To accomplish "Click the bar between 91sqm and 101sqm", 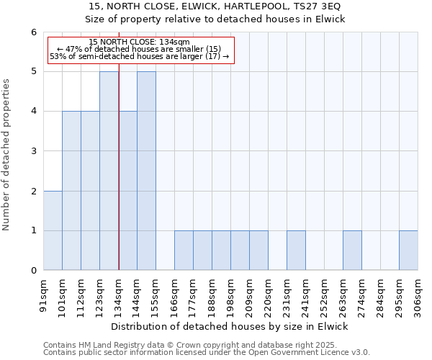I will [53, 230].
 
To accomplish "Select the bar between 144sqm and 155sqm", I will [146, 171].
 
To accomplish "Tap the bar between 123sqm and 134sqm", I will [109, 171].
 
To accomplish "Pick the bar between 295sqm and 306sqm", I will [408, 251].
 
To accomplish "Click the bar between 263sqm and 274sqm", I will [352, 251].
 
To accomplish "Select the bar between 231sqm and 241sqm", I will [296, 251].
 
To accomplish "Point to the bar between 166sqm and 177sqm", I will [184, 251].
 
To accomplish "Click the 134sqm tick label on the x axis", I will [119, 293].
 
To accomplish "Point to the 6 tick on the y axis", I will [33, 32].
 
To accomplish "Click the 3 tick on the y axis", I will [33, 151].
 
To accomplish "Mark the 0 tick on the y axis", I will [33, 271].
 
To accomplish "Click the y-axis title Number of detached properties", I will [7, 151].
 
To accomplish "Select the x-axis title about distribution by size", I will [230, 326].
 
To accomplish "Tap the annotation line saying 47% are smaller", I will [141, 49].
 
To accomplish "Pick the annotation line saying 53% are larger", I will [141, 56].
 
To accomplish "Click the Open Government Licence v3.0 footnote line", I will [207, 353].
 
